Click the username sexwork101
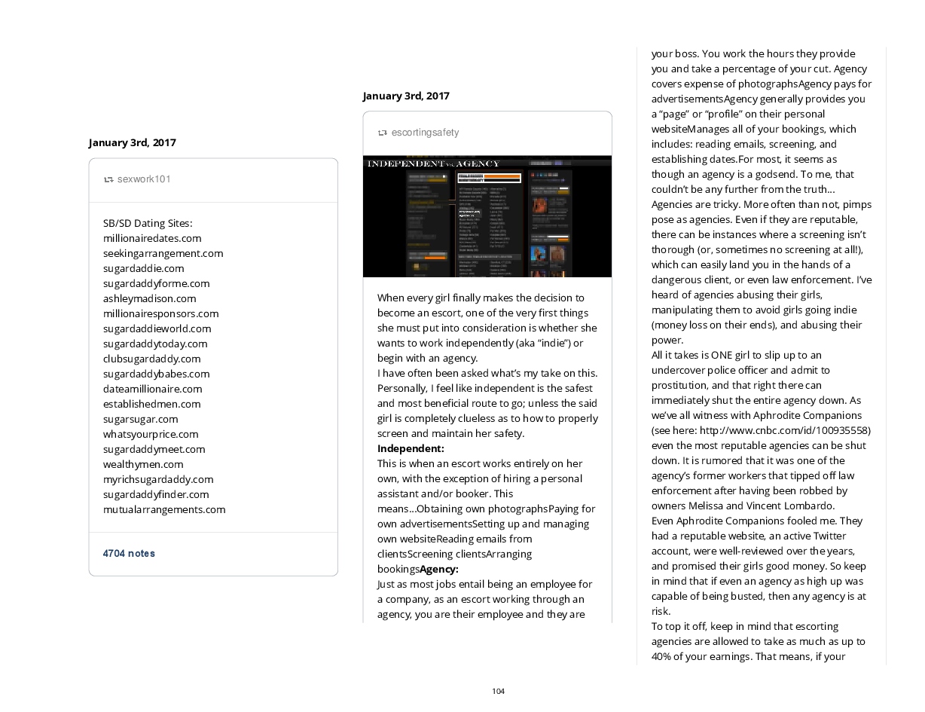tap(144, 179)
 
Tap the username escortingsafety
tap(425, 133)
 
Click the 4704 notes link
tap(129, 554)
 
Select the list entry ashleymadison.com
tap(149, 298)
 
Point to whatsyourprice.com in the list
tap(151, 434)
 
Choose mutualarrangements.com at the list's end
tap(164, 509)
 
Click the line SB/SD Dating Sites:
tap(148, 223)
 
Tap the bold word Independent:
tap(411, 448)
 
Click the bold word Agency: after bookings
tap(438, 569)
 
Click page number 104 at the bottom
tap(498, 692)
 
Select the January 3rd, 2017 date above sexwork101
tap(132, 142)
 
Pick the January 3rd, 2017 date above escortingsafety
tap(406, 96)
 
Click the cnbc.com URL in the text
tap(784, 430)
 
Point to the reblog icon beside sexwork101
tap(108, 179)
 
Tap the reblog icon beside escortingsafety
tap(383, 133)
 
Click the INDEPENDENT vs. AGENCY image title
tap(433, 163)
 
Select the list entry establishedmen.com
tap(151, 404)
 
